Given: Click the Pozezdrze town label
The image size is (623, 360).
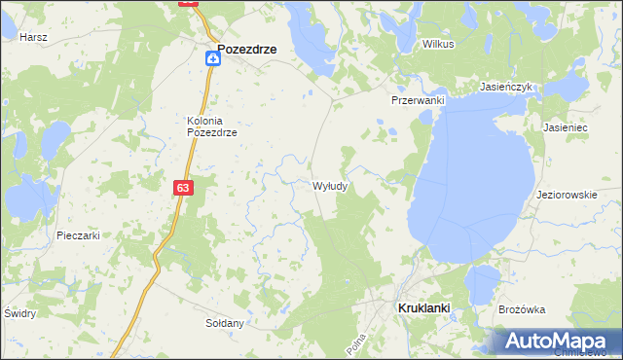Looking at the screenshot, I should (x=247, y=48).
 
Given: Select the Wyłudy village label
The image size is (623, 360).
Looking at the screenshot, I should (x=331, y=185).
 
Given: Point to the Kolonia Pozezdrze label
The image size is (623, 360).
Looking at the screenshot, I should (x=212, y=126).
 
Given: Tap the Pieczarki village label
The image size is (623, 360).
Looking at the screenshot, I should (x=79, y=235).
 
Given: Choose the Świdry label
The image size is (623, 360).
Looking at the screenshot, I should (x=19, y=313).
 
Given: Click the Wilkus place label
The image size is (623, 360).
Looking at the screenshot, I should (x=439, y=44).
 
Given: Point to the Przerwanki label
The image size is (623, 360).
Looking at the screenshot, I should (x=418, y=100).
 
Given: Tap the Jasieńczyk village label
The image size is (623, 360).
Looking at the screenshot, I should (x=505, y=87).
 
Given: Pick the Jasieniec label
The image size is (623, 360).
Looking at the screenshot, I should (x=566, y=127).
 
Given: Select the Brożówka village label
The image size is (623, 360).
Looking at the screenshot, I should (x=521, y=309).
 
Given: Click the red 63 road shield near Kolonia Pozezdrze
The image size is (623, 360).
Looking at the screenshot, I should (x=184, y=187).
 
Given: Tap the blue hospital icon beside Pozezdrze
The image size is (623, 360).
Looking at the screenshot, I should (x=211, y=59).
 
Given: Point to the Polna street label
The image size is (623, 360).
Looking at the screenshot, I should (x=356, y=343).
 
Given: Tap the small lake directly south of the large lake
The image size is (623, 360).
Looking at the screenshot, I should (x=481, y=284).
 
